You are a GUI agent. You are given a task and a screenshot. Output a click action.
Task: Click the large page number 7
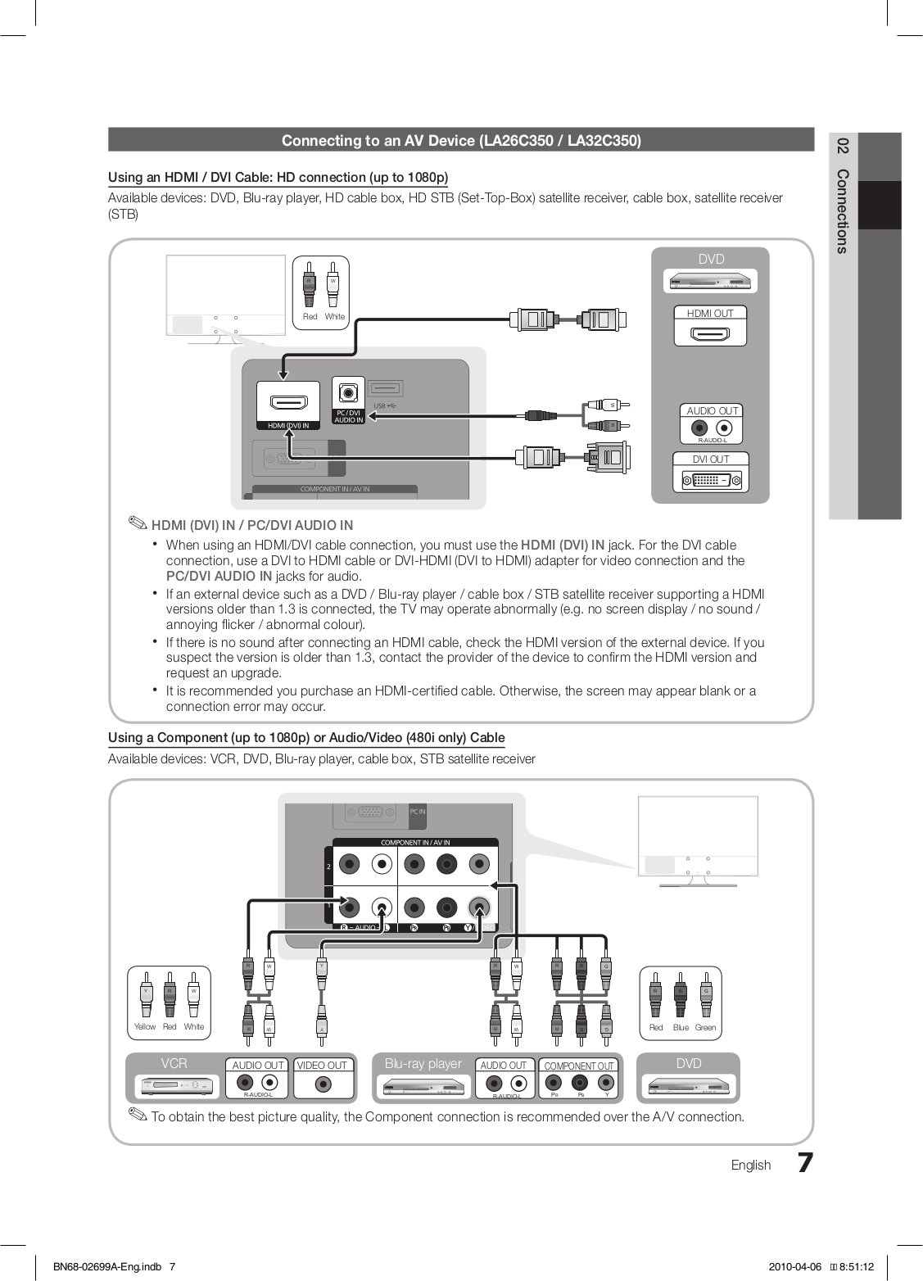point(805,1163)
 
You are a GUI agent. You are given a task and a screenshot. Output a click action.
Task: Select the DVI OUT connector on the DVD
point(710,479)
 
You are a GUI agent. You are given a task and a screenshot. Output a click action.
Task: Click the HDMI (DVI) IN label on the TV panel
point(283,425)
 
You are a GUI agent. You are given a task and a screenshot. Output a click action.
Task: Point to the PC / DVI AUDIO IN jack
point(349,392)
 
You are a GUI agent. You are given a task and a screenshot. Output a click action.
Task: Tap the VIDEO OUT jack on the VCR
point(323,1084)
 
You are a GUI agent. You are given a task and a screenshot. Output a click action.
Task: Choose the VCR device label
point(174,1063)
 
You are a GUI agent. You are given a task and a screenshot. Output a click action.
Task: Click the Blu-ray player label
point(423,1063)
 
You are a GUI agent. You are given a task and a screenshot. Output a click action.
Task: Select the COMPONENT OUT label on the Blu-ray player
point(579,1066)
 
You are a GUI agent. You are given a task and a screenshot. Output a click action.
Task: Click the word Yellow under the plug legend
point(145,1026)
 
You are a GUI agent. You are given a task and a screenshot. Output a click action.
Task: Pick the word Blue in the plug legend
point(681,1027)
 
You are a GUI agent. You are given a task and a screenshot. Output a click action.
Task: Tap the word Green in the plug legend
point(705,1027)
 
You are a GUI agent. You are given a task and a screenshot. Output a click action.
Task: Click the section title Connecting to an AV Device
point(461,140)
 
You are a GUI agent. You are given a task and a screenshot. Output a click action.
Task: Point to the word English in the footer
point(751,1165)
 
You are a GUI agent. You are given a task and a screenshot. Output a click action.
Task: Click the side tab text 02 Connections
point(843,196)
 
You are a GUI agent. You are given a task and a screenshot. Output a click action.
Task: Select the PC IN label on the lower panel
point(417,811)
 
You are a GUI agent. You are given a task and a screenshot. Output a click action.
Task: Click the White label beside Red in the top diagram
point(335,316)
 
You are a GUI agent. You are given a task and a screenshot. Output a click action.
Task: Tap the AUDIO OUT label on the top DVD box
point(712,410)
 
